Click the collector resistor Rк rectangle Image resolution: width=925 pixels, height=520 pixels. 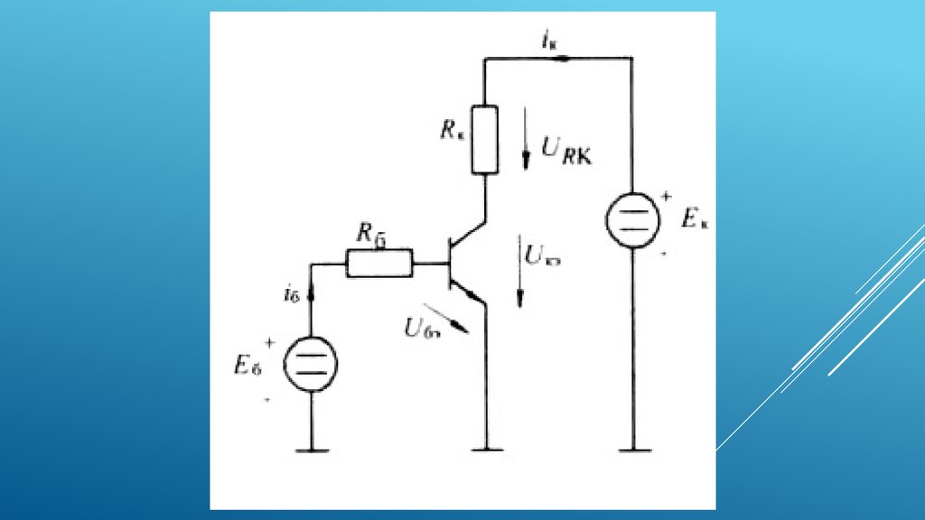pos(485,139)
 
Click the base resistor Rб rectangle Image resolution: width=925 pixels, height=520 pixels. pos(380,263)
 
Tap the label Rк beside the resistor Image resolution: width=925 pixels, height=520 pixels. pos(453,129)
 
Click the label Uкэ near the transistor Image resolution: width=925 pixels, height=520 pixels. pos(544,258)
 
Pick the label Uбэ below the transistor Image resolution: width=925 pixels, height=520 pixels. pos(421,330)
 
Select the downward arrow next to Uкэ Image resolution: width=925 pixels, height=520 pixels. pos(520,271)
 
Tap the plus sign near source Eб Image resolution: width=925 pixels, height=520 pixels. pos(268,343)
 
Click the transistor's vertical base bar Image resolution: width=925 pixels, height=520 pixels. pos(449,264)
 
